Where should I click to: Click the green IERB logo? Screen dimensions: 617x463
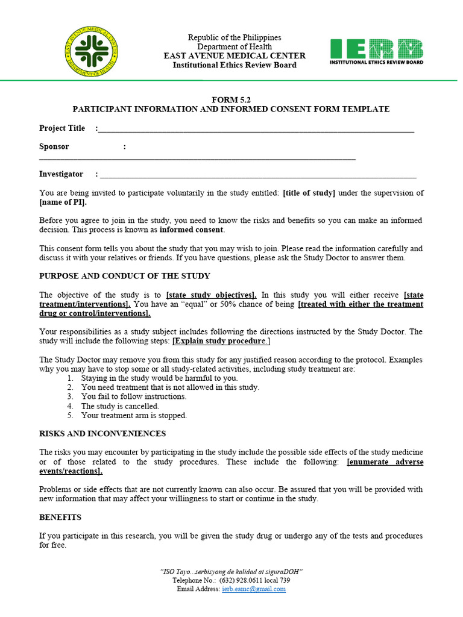click(x=376, y=52)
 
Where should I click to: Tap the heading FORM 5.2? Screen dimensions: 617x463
click(x=231, y=99)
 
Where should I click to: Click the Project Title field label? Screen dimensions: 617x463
click(x=62, y=128)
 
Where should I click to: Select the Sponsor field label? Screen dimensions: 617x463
click(x=54, y=146)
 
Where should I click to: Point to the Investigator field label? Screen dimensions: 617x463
click(x=61, y=174)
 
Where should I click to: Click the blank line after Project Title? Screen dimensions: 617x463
click(x=256, y=129)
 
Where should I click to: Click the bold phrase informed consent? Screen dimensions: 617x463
click(x=191, y=230)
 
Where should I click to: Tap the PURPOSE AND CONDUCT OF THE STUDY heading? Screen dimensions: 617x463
click(x=125, y=276)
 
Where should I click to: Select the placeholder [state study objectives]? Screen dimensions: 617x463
click(x=211, y=295)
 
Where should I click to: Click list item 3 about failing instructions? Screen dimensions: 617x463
click(x=133, y=396)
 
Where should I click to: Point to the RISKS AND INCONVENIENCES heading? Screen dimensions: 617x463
click(x=102, y=434)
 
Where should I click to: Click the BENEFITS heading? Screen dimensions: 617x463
click(x=60, y=517)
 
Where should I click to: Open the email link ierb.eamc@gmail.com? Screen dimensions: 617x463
click(x=254, y=589)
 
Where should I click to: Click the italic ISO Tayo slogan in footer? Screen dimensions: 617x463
click(x=231, y=571)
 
